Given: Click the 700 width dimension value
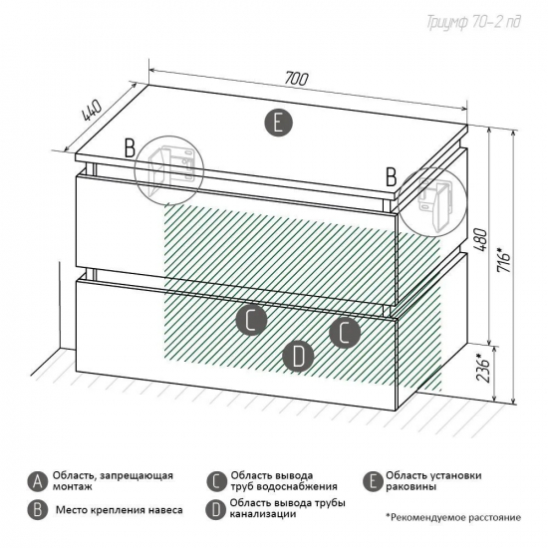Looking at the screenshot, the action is tap(296, 79).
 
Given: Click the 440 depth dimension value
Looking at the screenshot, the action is tap(92, 112).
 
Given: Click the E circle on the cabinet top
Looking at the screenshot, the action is tap(278, 123).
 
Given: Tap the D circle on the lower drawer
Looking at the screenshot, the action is tap(298, 357).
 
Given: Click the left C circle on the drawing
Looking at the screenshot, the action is tap(251, 320).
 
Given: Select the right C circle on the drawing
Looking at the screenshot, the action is tap(345, 333).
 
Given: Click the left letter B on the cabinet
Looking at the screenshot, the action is tap(130, 148).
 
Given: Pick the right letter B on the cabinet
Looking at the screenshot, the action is tap(392, 177).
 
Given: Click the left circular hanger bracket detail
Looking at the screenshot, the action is tap(169, 170).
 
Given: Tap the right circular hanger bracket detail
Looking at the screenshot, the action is tap(432, 202).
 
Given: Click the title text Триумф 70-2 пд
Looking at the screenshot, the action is tap(473, 22).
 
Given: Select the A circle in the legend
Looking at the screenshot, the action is tap(38, 481).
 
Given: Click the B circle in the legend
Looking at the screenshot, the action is tap(38, 510).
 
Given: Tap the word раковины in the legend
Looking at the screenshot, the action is tap(411, 486).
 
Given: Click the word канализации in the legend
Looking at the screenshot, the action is tap(263, 514).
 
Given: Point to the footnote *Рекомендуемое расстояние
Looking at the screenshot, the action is tap(453, 517).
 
